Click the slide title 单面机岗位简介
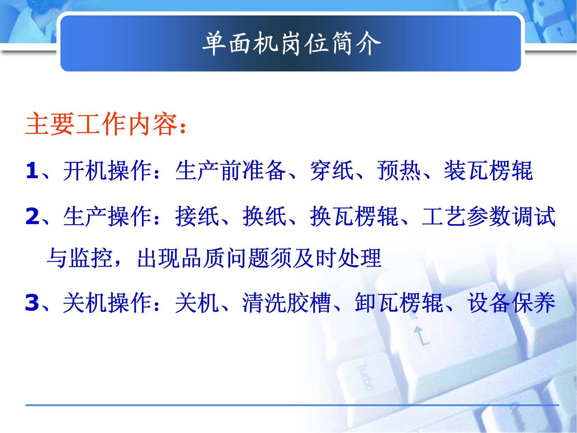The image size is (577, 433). click(x=291, y=44)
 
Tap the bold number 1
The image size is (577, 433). click(x=32, y=171)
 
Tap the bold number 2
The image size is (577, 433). click(x=32, y=217)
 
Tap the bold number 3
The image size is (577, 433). click(x=32, y=303)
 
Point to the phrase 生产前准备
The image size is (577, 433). click(x=231, y=171)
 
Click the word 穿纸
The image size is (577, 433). click(x=332, y=171)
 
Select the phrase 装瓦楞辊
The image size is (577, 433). click(x=488, y=171)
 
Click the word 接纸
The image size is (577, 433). click(x=197, y=217)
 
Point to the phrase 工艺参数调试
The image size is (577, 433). click(x=489, y=217)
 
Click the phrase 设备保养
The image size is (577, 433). click(x=511, y=303)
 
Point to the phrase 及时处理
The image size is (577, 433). click(x=337, y=258)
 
